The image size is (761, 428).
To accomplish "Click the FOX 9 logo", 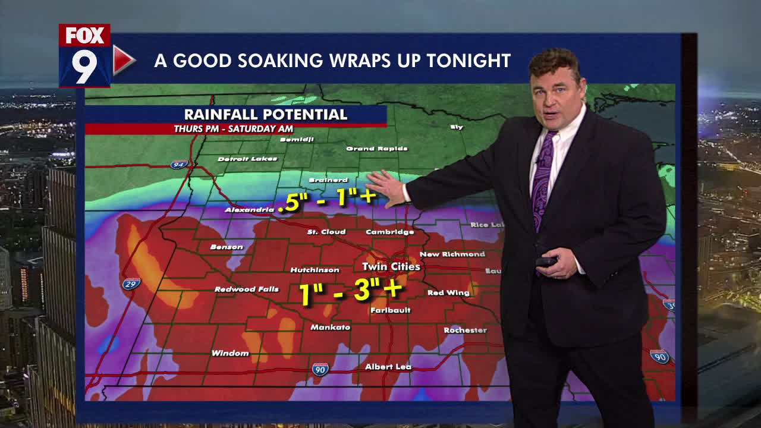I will pos(85,55).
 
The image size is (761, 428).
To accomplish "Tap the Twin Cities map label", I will pos(391,267).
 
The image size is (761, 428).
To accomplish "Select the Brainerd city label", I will pos(328,180).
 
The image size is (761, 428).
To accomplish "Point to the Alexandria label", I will pos(249,210).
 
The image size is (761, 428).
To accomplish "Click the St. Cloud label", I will pos(326,232).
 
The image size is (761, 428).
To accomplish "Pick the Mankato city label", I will pos(330,328).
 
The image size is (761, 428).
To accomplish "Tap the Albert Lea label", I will pos(388,367).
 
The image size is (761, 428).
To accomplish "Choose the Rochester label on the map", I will pos(465,330).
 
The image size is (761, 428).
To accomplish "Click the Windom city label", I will pos(230,353).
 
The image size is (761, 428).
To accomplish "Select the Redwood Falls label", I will pos(246,289).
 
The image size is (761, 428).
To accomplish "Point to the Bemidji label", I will pos(297,140).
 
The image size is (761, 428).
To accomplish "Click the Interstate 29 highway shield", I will pos(131,284).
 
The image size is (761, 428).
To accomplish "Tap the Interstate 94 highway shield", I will pos(178,164).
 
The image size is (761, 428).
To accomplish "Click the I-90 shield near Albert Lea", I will pos(320,369).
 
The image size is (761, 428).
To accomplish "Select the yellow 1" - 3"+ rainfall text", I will pos(351,292).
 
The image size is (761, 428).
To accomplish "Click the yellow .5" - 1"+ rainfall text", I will pos(327,199).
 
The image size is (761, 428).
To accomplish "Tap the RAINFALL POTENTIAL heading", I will pos(265,115).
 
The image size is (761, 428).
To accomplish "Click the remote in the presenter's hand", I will pos(546,262).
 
